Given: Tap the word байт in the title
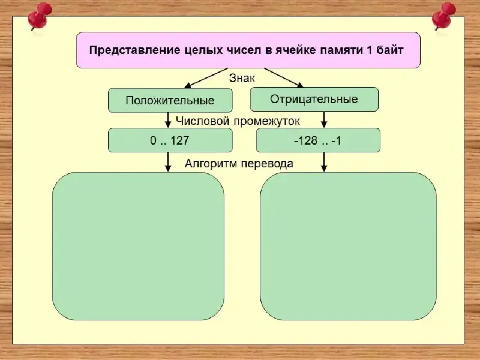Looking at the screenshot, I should pos(391,50).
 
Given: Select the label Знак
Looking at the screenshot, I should pos(242,77).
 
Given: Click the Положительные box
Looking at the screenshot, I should pos(170,100).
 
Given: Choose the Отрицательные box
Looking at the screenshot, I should pos(314,99).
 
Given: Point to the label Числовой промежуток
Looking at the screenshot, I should pos(238,121).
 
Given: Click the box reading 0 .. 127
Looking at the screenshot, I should pos(170,140).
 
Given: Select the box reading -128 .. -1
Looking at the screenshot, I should pos(318,140).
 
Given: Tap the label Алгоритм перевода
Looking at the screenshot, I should pos(239,163).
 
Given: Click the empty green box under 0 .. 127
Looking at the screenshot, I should pos(138,246).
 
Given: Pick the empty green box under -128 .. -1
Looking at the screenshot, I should pos(348,246).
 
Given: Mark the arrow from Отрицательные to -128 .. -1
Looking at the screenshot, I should pos(324,120).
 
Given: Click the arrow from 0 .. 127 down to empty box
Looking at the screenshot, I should pos(169,162).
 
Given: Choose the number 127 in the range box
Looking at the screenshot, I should pos(180,140).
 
